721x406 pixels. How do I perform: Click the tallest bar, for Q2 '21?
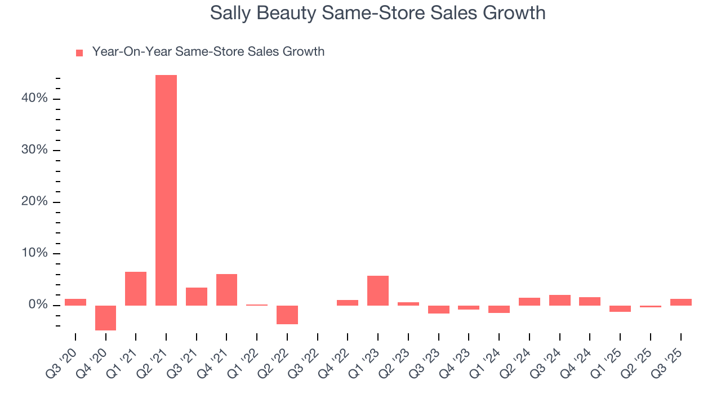(166, 190)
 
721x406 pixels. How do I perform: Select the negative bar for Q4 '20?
(105, 318)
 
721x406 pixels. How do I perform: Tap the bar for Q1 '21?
(136, 289)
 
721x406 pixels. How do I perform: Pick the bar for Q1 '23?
(378, 290)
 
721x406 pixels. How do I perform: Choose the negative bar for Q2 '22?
(287, 315)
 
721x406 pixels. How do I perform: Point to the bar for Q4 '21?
(226, 290)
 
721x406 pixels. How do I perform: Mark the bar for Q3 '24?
(560, 300)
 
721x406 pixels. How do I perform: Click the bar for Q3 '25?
(681, 302)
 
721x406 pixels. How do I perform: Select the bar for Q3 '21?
(197, 297)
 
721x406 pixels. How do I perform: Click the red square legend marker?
(79, 52)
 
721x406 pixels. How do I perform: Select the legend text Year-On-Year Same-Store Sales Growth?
(208, 52)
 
